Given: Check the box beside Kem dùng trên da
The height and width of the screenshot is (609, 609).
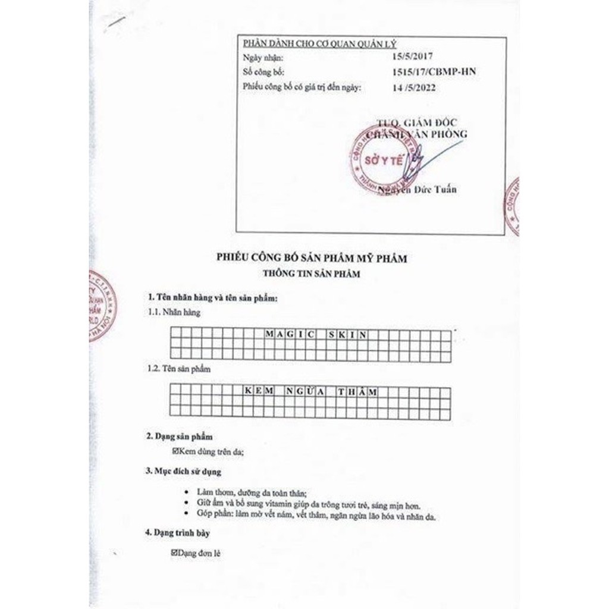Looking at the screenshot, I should [175, 452].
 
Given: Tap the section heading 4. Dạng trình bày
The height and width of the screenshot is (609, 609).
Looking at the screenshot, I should [178, 533].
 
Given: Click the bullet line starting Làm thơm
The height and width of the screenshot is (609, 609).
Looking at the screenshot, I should [250, 494].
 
